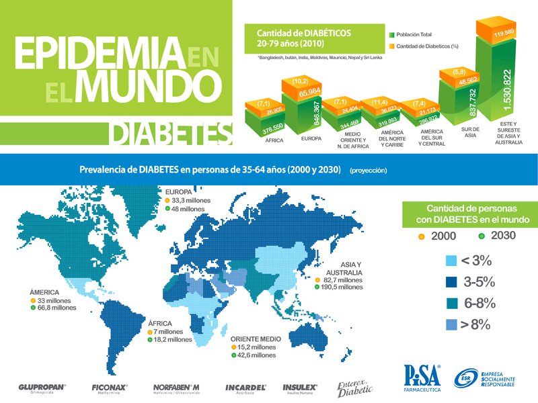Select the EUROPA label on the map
click(x=178, y=191)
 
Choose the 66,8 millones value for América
click(x=57, y=308)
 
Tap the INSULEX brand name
click(x=300, y=387)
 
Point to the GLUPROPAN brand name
click(x=42, y=387)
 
